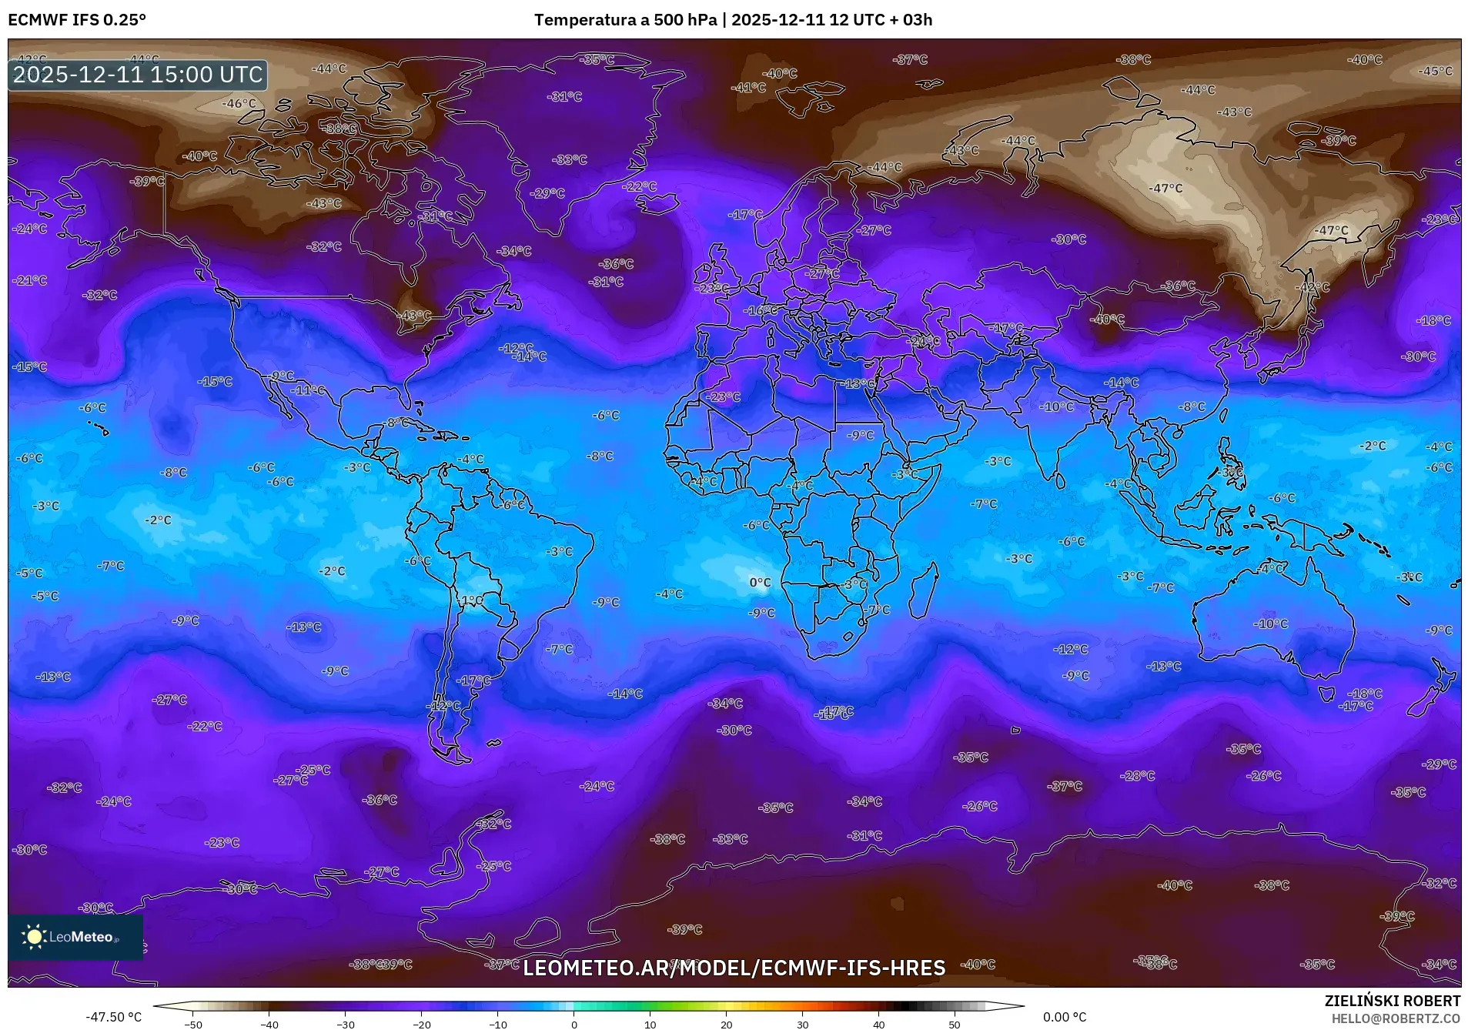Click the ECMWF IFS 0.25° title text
(x=77, y=20)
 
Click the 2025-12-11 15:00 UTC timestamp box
(x=138, y=75)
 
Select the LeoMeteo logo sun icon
(x=34, y=936)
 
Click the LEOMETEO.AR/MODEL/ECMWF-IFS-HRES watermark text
(x=734, y=968)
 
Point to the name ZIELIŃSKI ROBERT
(x=1392, y=1001)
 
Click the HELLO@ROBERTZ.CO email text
(x=1396, y=1018)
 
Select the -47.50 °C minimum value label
(x=113, y=1017)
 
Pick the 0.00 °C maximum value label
(x=1065, y=1017)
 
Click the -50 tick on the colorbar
(x=193, y=1025)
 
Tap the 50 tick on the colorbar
(x=955, y=1025)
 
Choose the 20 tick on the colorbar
(x=726, y=1025)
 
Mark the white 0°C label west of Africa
(x=760, y=583)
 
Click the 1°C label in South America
(x=472, y=600)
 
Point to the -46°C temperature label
(x=239, y=103)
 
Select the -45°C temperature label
(x=1436, y=71)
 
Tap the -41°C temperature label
(x=748, y=88)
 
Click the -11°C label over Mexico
(x=308, y=390)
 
